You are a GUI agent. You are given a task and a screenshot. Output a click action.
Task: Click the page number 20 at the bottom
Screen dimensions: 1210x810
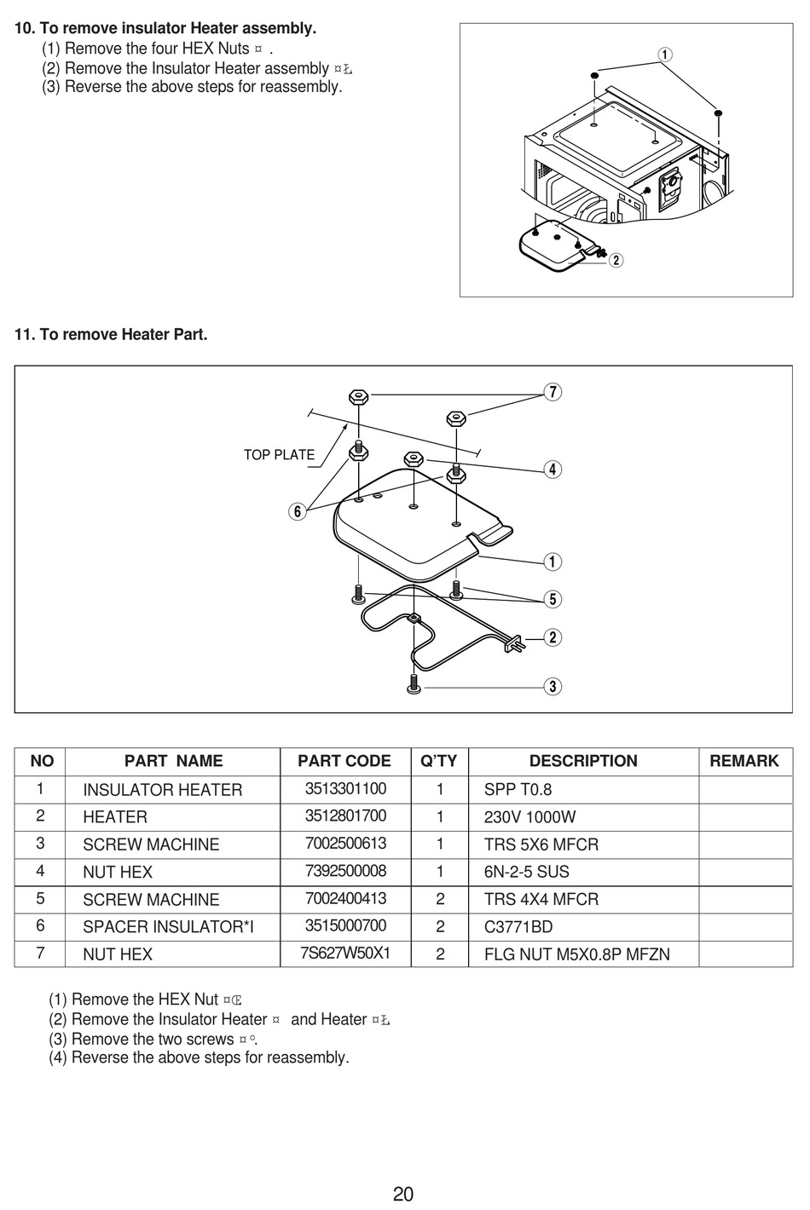[x=403, y=1194]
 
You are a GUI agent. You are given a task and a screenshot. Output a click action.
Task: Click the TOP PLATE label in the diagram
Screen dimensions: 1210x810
[x=279, y=455]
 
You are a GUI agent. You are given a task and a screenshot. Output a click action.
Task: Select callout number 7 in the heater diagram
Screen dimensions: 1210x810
[x=553, y=392]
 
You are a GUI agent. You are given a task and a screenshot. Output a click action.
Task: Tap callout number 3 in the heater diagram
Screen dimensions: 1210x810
[x=553, y=686]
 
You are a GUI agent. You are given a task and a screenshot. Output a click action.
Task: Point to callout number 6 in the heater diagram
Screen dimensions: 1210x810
[x=297, y=511]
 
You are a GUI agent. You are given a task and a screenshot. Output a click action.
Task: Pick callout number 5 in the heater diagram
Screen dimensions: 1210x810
[x=553, y=599]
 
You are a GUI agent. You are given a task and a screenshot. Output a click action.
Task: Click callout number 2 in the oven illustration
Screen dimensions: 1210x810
[x=616, y=261]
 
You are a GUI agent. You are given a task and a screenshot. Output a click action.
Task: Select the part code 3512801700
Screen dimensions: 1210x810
[x=345, y=816]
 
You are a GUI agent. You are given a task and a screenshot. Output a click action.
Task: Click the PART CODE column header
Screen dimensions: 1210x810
[x=344, y=761]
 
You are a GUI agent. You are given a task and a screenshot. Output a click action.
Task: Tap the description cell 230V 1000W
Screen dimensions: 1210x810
[x=529, y=817]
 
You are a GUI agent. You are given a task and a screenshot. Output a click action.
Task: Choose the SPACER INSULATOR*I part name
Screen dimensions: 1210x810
[x=168, y=926]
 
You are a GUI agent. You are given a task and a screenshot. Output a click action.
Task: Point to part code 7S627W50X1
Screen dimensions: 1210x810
[x=344, y=953]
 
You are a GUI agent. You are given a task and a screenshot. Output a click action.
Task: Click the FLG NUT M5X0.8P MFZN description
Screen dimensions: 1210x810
[x=576, y=954]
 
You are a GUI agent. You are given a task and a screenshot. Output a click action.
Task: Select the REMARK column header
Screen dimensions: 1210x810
[x=743, y=761]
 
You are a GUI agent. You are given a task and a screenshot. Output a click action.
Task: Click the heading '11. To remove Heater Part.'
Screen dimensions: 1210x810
[x=111, y=335]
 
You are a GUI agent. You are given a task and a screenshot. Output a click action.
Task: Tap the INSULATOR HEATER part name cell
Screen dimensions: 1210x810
[x=162, y=790]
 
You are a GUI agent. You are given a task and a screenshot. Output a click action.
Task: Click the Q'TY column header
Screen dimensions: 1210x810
[x=439, y=761]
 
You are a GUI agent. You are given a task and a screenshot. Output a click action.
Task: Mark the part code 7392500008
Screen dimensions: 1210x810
[x=345, y=871]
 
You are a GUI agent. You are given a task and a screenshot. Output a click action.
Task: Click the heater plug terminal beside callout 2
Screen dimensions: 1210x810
[x=514, y=645]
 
